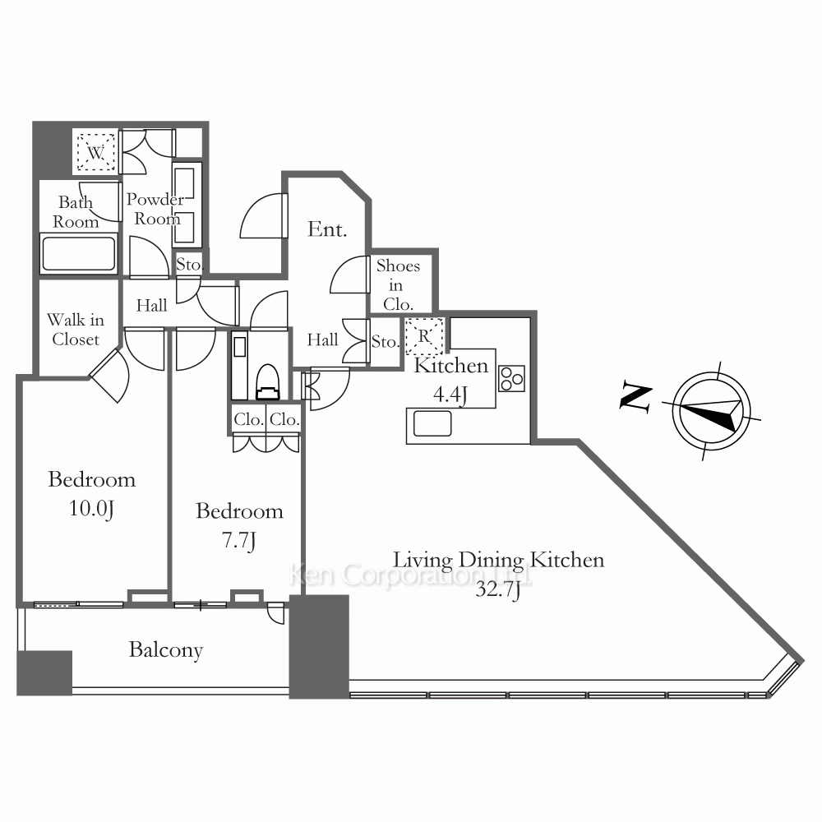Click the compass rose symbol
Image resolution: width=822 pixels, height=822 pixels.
tap(711, 410)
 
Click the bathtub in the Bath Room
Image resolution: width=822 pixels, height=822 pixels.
tap(79, 254)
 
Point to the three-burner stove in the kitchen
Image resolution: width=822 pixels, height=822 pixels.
tap(511, 378)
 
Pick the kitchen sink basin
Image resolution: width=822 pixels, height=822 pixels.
tap(432, 423)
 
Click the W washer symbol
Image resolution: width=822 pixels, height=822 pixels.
tap(95, 152)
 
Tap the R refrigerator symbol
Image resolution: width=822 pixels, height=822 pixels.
tap(424, 336)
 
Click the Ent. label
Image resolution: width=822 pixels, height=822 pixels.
tap(327, 229)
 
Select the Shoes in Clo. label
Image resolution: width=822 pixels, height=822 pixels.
tap(398, 284)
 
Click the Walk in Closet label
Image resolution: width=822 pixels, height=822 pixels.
tap(76, 330)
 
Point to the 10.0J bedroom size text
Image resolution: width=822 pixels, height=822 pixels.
tap(92, 509)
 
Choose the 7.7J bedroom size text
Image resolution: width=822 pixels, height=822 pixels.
tap(239, 540)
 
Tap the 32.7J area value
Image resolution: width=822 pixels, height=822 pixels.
tap(498, 590)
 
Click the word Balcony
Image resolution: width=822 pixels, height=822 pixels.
tap(166, 650)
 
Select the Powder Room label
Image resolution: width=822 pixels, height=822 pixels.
tap(155, 209)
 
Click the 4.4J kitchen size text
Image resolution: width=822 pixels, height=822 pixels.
tap(450, 395)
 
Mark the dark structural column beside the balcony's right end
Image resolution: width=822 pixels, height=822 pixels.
tap(319, 646)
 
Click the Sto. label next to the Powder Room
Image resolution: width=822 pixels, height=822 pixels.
tap(189, 265)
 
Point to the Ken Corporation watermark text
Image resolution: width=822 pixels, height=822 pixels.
tap(410, 575)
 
